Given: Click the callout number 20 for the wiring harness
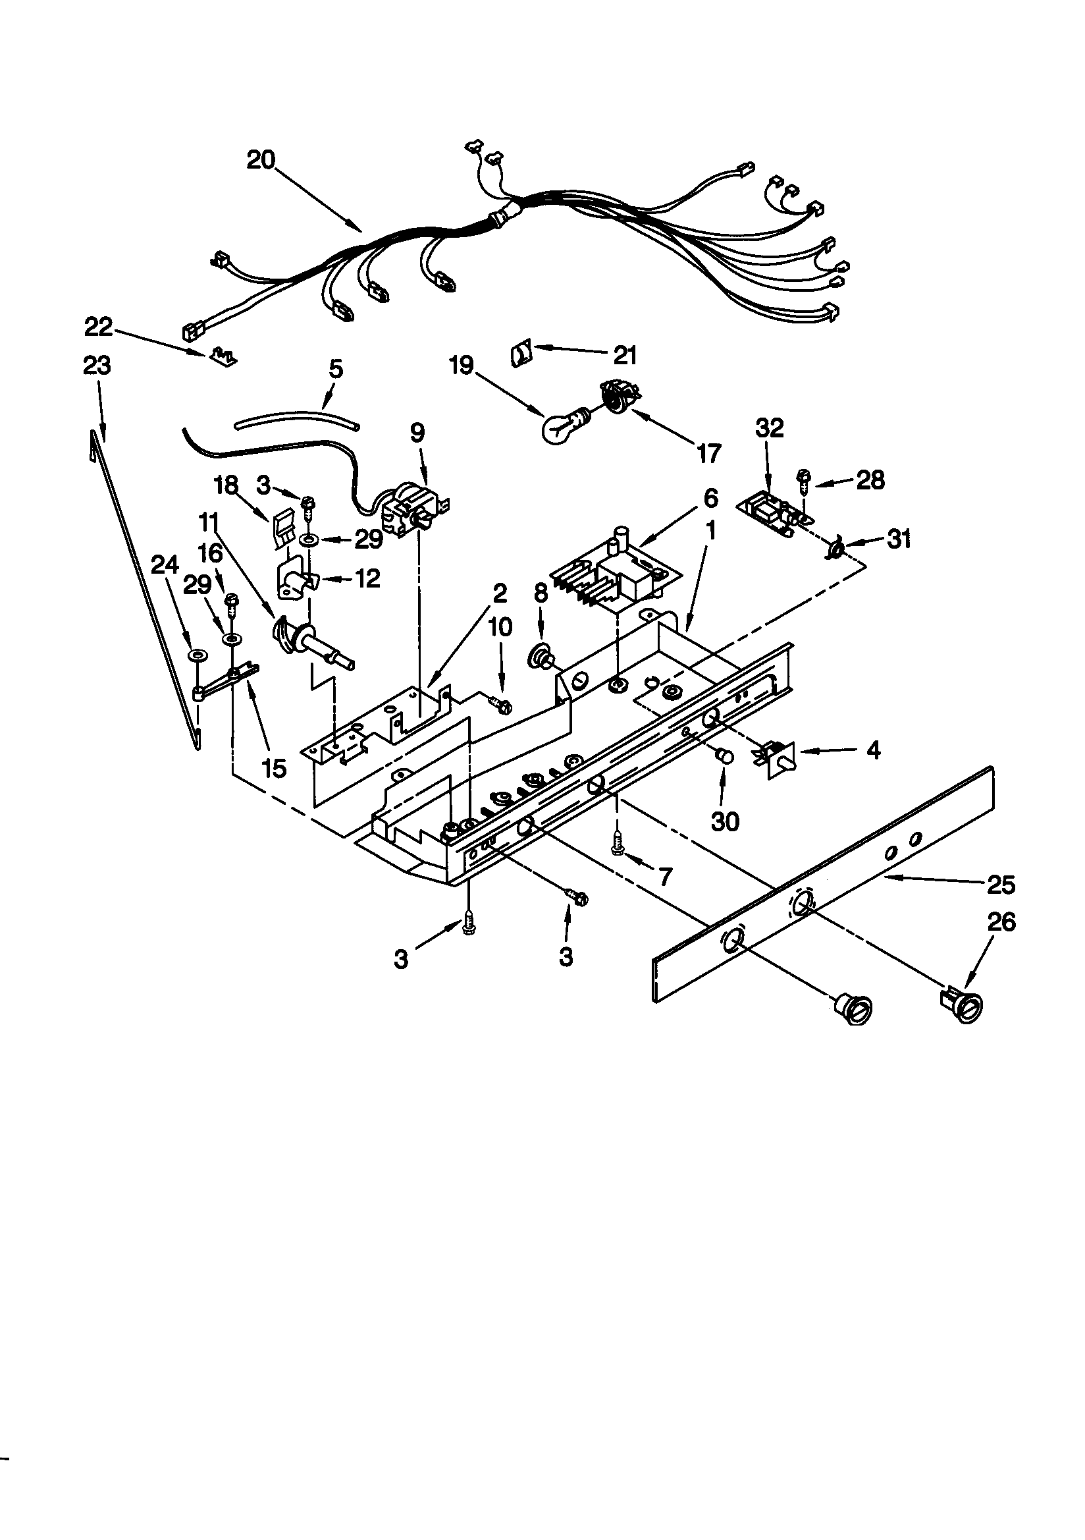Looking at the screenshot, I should [x=260, y=160].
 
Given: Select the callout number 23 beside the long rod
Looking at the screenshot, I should [x=97, y=366].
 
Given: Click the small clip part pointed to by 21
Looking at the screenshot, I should [x=521, y=352].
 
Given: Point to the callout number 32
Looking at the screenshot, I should [x=769, y=428].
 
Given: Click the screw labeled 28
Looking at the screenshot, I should [x=803, y=478].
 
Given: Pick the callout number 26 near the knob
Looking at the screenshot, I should [x=1002, y=922].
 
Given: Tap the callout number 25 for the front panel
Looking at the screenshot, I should [x=1001, y=885].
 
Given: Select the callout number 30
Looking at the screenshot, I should [x=725, y=821].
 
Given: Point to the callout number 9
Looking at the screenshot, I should [x=417, y=433].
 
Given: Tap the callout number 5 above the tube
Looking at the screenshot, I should [x=336, y=369].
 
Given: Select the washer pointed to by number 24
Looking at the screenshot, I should [x=196, y=653].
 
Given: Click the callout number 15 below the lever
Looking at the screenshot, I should [x=275, y=768].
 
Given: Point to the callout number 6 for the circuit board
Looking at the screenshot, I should [x=710, y=499].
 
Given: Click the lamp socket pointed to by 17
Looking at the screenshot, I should [x=612, y=395].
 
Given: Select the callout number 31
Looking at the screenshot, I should [x=899, y=539].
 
